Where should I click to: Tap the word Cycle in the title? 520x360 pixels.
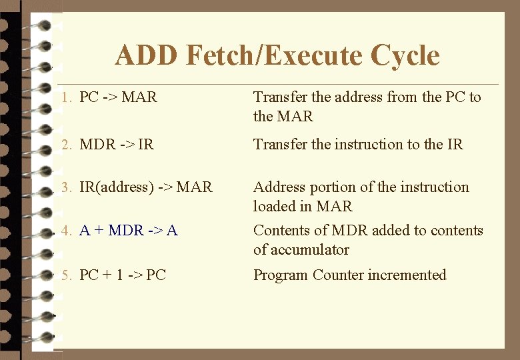405,55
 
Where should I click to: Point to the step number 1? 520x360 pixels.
65,97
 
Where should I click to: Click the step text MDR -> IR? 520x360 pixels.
116,145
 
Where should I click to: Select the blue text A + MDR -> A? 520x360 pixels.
128,231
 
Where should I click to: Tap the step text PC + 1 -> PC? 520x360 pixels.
122,275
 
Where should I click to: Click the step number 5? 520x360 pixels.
65,275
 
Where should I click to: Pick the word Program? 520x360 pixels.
281,275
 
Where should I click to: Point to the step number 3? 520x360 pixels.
65,187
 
